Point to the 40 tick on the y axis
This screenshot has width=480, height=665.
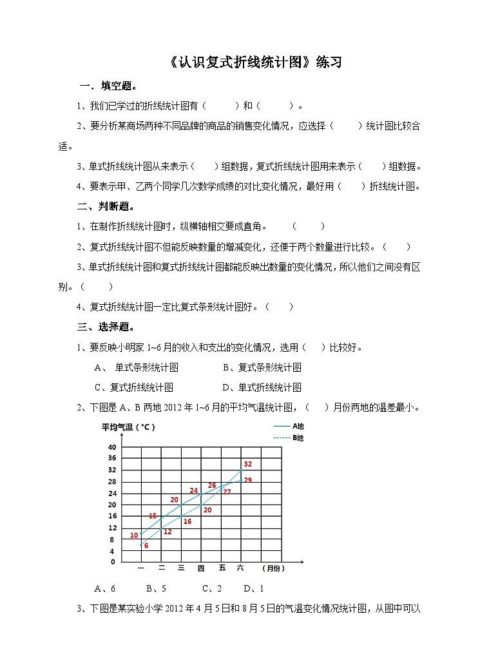pos(111,447)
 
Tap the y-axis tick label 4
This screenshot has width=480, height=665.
pos(111,551)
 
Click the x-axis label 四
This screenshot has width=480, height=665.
pos(201,568)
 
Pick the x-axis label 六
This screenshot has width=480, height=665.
pos(240,568)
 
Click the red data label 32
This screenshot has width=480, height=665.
pos(247,464)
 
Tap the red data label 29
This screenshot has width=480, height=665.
pos(247,480)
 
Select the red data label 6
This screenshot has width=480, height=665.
pos(146,546)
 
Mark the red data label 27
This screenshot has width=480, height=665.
pos(227,492)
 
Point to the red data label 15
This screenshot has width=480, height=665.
pos(153,516)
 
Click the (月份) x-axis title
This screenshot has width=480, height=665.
pos(273,568)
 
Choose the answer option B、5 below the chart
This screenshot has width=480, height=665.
pos(157,588)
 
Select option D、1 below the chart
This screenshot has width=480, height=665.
pos(254,588)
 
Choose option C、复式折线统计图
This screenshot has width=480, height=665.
pos(134,387)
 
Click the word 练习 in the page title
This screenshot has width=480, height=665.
pos(328,63)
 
